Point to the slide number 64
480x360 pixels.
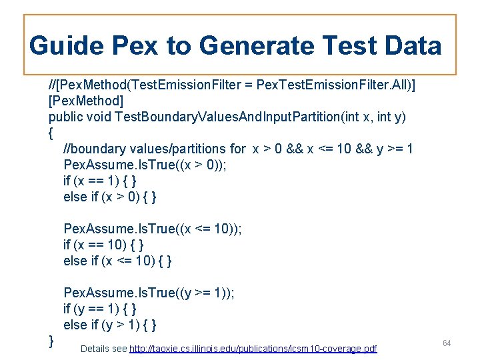[447, 343]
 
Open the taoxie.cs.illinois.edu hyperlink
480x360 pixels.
[253, 349]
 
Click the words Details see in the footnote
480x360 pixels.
[103, 349]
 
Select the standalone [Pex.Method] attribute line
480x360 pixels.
[85, 101]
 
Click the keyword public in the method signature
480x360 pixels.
[66, 117]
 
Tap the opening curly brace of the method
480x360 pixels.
[51, 133]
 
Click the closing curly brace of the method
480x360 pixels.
[51, 341]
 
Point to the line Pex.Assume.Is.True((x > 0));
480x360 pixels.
[145, 165]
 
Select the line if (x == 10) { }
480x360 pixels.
[103, 245]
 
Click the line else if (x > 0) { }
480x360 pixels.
[110, 197]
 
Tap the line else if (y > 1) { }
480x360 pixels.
[110, 325]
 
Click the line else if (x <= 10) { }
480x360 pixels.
[117, 261]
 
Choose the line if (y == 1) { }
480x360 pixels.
[100, 309]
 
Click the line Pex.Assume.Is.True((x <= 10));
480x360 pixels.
[152, 229]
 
